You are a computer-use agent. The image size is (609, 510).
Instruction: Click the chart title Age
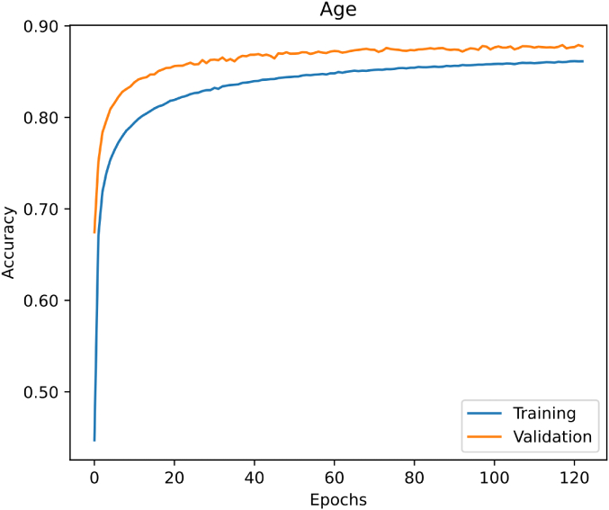point(337,10)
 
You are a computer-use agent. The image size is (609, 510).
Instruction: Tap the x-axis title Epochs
point(337,498)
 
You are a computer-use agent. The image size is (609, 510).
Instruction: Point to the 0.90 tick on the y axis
point(42,27)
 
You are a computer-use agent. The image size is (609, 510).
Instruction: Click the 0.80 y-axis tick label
point(42,118)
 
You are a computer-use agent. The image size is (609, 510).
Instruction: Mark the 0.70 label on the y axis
point(42,210)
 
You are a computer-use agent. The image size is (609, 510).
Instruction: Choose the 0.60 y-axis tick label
point(42,300)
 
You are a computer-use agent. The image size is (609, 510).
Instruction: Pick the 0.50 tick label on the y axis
point(42,392)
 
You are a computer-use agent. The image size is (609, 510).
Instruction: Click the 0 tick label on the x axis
point(94,477)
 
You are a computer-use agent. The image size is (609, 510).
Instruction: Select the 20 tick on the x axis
point(174,477)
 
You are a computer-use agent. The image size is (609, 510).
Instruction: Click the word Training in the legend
point(543,414)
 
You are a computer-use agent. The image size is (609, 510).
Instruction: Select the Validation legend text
point(551,437)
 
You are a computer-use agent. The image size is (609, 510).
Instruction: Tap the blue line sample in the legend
point(484,415)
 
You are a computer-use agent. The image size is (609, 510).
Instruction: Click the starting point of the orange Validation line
point(94,232)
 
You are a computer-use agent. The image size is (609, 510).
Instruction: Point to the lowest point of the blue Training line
point(94,440)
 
